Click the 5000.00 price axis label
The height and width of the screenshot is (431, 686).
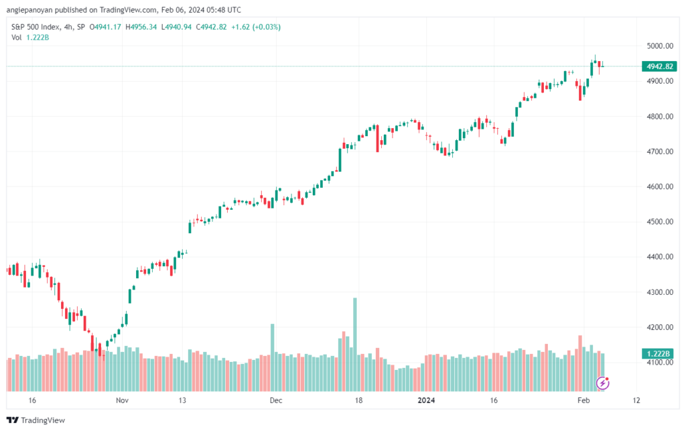click(x=660, y=46)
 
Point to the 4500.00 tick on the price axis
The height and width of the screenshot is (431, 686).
click(x=660, y=222)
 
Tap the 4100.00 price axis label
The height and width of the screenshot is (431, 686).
click(x=660, y=363)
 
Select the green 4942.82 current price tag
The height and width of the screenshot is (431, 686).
click(x=659, y=66)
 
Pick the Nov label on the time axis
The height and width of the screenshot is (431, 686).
click(x=122, y=400)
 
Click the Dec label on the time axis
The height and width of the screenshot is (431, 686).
click(x=276, y=400)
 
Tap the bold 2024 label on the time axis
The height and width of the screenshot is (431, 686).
click(x=426, y=400)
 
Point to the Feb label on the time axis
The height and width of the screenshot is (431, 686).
click(x=584, y=400)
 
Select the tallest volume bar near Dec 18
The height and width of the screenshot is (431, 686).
click(x=355, y=345)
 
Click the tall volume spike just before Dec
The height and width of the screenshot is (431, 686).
click(x=273, y=357)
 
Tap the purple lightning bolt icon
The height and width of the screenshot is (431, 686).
click(x=603, y=383)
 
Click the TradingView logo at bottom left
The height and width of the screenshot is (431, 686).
click(x=36, y=420)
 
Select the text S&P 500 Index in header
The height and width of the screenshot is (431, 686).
click(x=36, y=27)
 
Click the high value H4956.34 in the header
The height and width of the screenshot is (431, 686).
click(x=141, y=27)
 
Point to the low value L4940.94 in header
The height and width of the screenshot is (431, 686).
click(x=176, y=27)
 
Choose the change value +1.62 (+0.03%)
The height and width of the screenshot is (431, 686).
click(x=256, y=27)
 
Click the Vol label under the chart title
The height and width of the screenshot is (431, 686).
click(x=16, y=38)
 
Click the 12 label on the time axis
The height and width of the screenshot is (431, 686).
click(x=636, y=400)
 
